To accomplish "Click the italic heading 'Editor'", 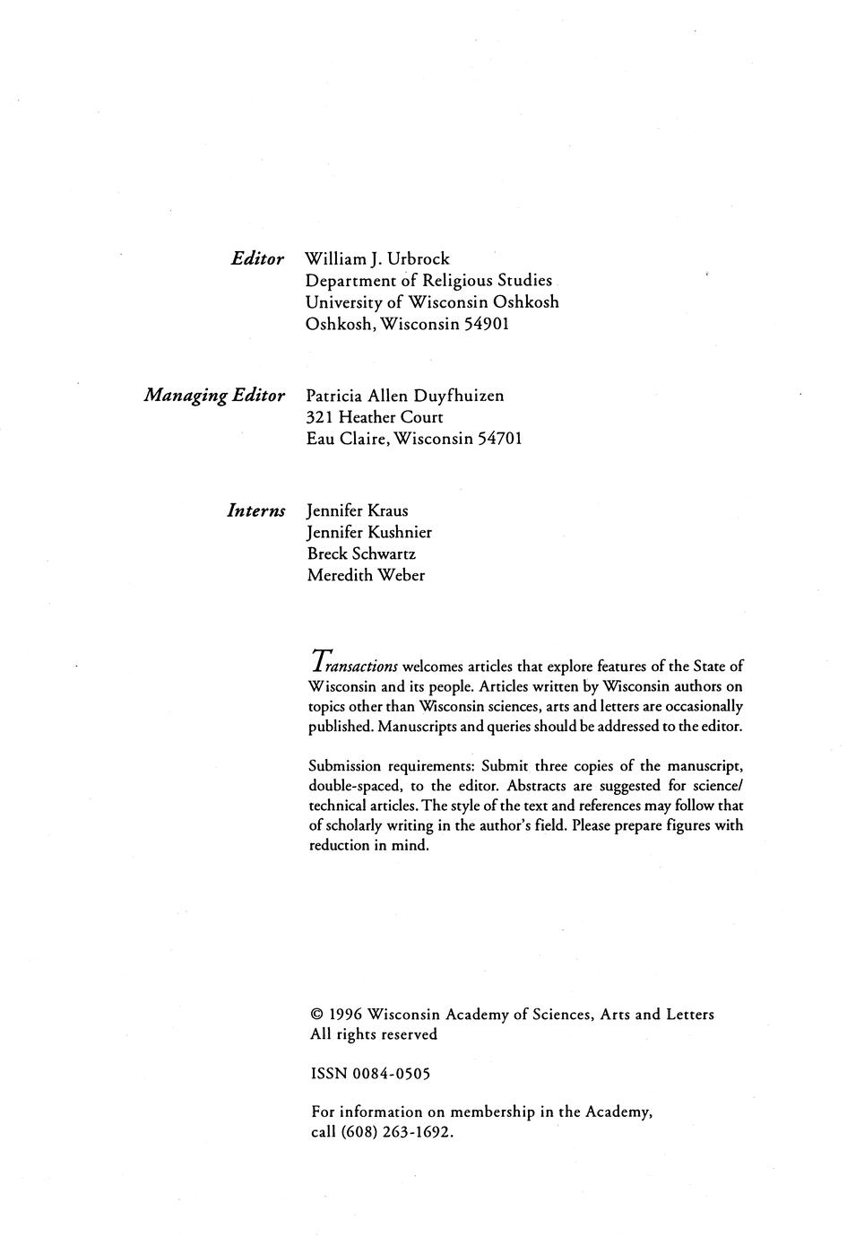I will pos(257,259).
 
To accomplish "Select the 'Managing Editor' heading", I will pos(214,396).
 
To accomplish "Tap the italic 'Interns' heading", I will pos(256,511).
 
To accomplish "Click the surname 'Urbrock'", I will pos(419,259).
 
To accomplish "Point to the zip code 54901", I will pos(487,324).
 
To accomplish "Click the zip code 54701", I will pos(497,439).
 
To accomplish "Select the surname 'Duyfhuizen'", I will pos(459,396).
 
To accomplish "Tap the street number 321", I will pos(320,417).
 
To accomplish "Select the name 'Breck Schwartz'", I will pos(361,554).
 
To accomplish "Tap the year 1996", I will pos(345,1015).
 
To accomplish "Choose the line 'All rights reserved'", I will pos(374,1034).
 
